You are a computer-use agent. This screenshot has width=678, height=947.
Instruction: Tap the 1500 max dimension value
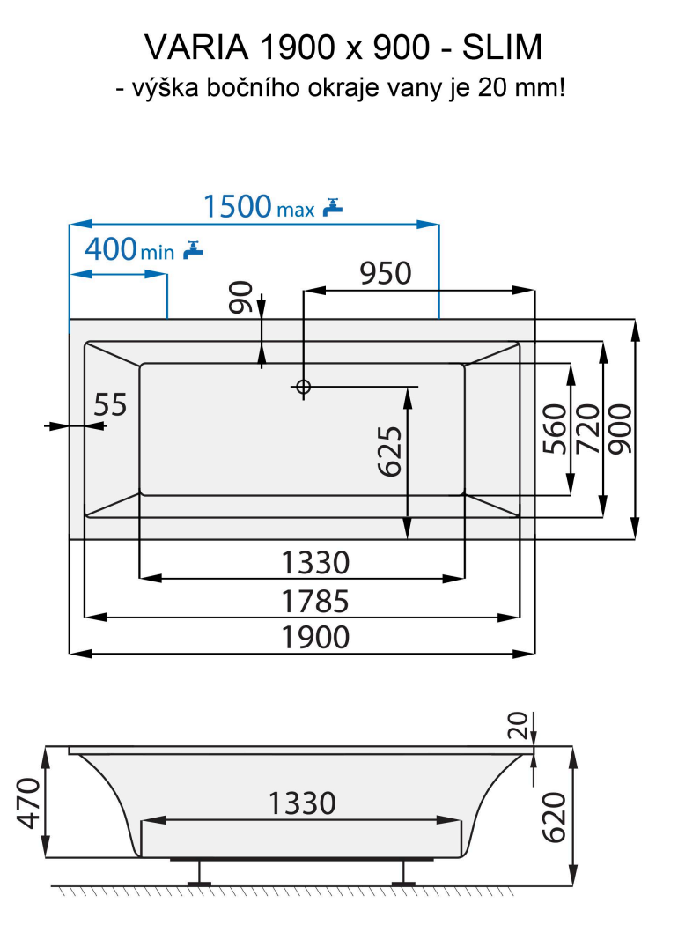click(x=238, y=206)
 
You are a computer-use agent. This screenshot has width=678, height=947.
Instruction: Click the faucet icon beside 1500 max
click(x=332, y=207)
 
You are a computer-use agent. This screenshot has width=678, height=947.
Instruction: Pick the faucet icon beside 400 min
click(x=193, y=250)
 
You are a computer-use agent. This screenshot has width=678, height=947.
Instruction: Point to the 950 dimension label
click(x=385, y=273)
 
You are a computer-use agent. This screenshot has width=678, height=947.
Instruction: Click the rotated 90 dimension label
click(x=241, y=297)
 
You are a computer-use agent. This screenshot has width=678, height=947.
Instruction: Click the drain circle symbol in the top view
click(x=303, y=386)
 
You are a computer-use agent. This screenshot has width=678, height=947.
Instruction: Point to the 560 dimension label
click(x=554, y=429)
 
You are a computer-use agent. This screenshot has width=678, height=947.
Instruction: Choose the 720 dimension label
click(x=586, y=429)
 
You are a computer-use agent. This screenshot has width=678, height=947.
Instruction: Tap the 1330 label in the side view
click(x=301, y=803)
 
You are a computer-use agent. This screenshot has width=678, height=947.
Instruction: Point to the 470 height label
click(x=30, y=803)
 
